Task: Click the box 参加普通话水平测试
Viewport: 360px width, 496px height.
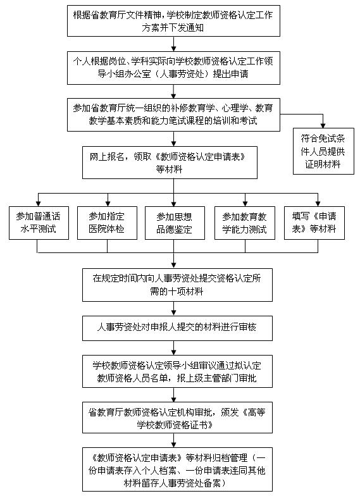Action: pyautogui.click(x=39, y=223)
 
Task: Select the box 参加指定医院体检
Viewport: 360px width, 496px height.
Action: pyautogui.click(x=108, y=223)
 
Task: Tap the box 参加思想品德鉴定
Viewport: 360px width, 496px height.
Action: pyautogui.click(x=175, y=223)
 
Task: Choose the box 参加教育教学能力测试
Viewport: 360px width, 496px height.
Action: pyautogui.click(x=245, y=223)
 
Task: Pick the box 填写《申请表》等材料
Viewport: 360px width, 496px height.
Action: pyautogui.click(x=314, y=223)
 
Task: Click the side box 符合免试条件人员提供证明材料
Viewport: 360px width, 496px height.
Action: pyautogui.click(x=323, y=151)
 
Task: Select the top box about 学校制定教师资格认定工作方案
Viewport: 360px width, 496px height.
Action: pyautogui.click(x=173, y=21)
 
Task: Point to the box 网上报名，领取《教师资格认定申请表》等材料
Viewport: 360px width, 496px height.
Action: pyautogui.click(x=170, y=163)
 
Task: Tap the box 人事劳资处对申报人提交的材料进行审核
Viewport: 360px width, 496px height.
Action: pyautogui.click(x=177, y=328)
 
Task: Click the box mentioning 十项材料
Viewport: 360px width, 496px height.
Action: pyautogui.click(x=177, y=285)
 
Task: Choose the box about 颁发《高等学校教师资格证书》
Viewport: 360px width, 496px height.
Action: pyautogui.click(x=177, y=418)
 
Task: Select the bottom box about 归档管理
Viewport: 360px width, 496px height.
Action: pyautogui.click(x=177, y=469)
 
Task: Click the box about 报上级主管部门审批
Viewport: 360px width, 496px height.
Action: pyautogui.click(x=177, y=371)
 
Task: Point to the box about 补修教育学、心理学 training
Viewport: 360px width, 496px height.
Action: pyautogui.click(x=173, y=115)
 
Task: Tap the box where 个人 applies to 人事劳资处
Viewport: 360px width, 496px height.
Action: pyautogui.click(x=173, y=68)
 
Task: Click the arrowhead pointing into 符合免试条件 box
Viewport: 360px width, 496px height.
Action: pyautogui.click(x=323, y=125)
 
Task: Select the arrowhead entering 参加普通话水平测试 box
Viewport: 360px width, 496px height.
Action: pyautogui.click(x=38, y=204)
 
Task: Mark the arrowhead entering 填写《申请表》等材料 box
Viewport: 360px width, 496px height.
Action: pyautogui.click(x=318, y=204)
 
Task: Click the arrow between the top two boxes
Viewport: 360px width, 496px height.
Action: pyautogui.click(x=173, y=44)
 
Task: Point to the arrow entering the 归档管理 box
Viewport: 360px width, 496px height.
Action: pyautogui.click(x=173, y=440)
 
